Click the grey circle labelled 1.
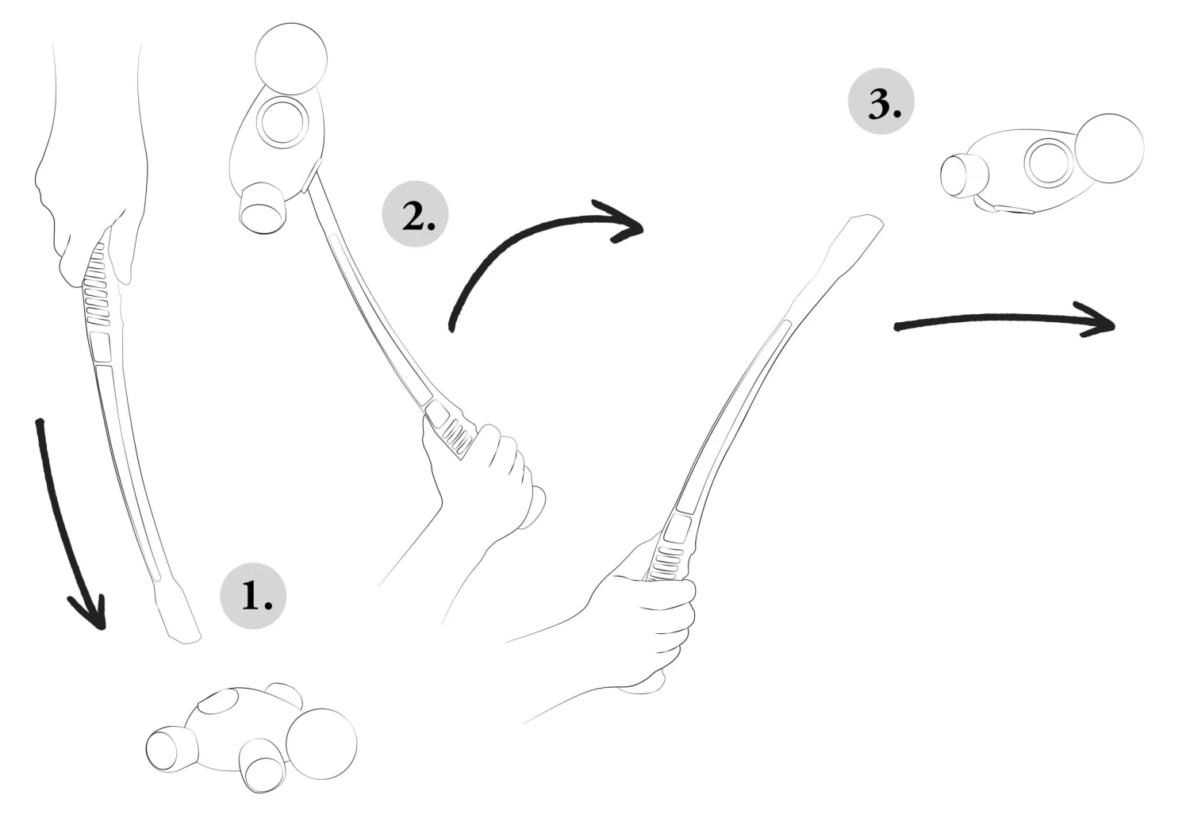click(253, 596)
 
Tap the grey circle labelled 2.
click(415, 213)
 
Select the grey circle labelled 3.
click(881, 101)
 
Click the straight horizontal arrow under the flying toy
click(1004, 319)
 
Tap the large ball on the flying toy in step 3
click(1109, 148)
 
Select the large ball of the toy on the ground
click(321, 744)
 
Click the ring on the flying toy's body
click(1050, 162)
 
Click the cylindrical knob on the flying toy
click(964, 175)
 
